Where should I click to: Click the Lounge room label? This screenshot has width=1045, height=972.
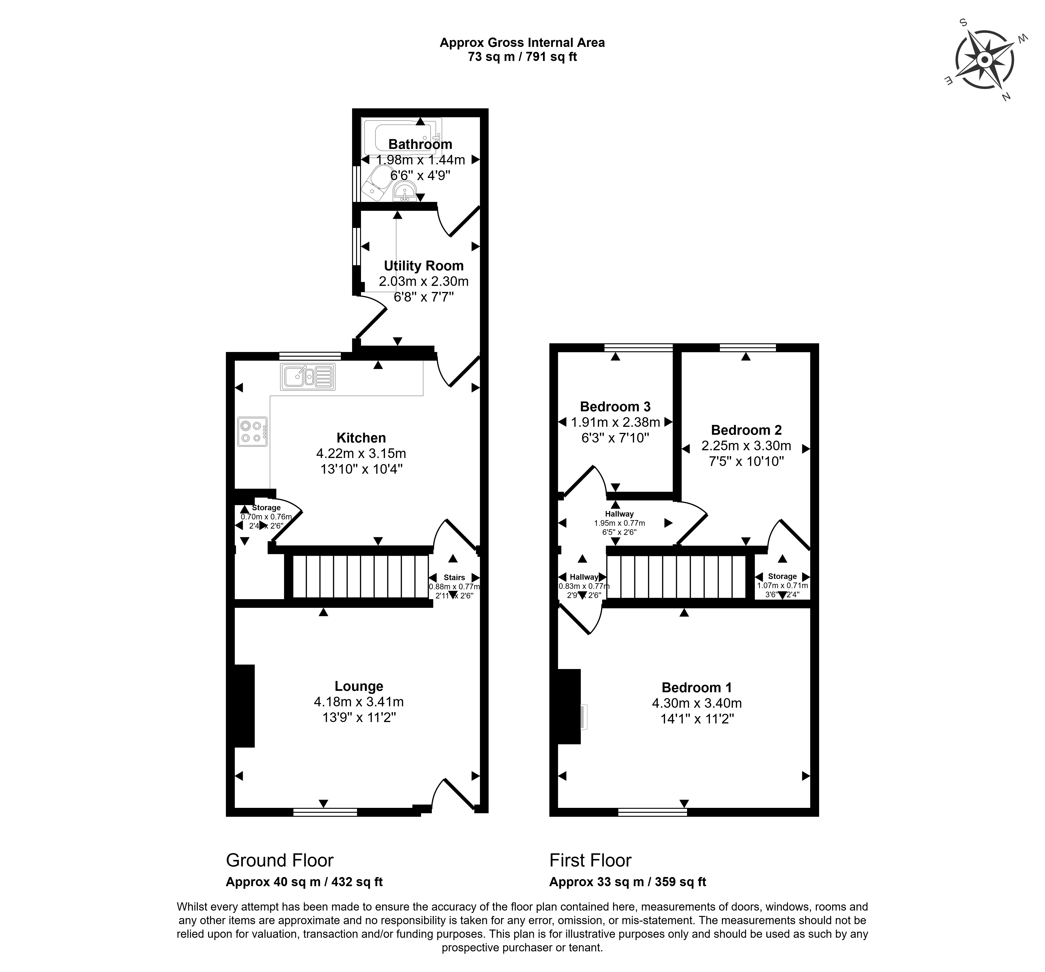(x=359, y=686)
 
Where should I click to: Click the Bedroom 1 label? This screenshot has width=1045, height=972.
(x=696, y=687)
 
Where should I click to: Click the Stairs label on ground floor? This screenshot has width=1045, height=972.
(x=454, y=577)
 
